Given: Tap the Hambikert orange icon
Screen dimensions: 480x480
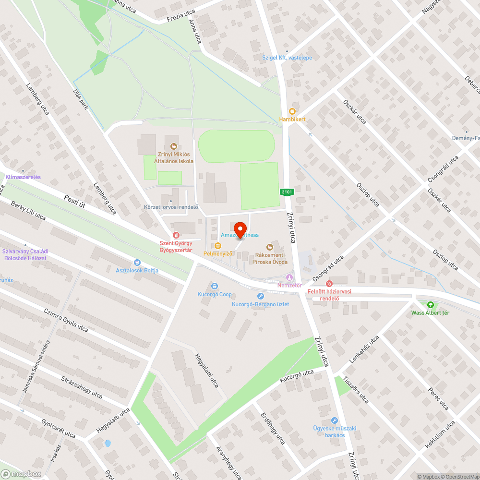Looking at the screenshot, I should coord(292,111).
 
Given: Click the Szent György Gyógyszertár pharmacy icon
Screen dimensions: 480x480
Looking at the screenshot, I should coord(176,235).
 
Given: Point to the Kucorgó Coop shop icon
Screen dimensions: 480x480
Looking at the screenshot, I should coord(214,286).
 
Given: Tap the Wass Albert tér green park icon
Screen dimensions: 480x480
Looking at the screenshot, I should coord(430,304).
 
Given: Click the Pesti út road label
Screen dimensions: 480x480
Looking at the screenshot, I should coord(74,201).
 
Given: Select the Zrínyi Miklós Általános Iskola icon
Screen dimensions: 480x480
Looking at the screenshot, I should coord(173,146).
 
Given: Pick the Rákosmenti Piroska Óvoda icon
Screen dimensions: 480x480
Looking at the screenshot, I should coord(270,247).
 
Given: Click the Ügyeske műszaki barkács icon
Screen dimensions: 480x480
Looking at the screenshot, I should coord(335,420).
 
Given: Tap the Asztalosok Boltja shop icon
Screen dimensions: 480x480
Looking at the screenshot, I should coord(137,262).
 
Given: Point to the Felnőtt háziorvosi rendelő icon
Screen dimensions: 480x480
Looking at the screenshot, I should coord(329,284).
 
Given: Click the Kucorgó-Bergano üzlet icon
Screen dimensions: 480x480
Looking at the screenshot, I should coord(260,296).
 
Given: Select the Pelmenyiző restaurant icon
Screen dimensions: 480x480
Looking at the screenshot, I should coord(218,246).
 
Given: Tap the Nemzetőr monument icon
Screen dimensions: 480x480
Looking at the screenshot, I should coord(289,277).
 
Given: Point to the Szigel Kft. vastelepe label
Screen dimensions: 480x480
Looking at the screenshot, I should coord(287,58).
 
